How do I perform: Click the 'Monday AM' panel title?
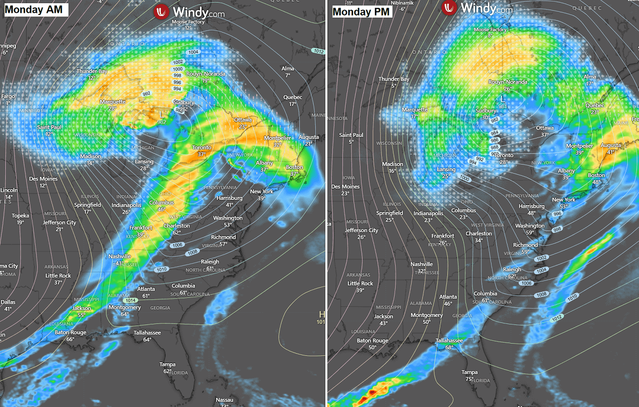35,10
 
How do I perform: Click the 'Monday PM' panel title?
362,11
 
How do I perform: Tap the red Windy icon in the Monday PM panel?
450,8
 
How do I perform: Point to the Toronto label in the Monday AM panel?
201,148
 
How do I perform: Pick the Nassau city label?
224,400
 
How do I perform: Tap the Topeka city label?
20,215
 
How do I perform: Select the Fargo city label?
8,96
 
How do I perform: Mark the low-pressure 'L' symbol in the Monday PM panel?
503,99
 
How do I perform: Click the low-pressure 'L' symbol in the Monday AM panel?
162,115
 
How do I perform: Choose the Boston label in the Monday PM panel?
596,175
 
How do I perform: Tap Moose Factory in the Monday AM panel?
188,22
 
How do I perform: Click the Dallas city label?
8,302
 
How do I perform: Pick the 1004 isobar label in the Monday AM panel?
193,52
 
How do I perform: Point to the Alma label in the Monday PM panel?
589,77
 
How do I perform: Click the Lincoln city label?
9,190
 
